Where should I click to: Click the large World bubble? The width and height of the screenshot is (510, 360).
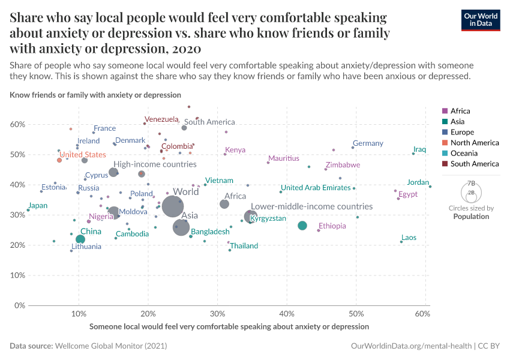click(172, 206)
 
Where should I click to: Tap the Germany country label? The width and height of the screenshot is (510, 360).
click(368, 143)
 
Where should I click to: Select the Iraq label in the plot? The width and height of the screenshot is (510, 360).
click(419, 149)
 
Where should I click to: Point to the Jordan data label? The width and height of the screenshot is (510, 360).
click(418, 182)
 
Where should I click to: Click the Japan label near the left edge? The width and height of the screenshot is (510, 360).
click(37, 206)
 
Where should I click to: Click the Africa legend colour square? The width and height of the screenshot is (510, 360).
click(445, 111)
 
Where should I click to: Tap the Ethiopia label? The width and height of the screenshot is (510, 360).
click(332, 226)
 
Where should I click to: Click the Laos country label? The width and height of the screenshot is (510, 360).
click(409, 238)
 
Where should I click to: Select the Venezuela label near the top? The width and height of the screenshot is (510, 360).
click(162, 119)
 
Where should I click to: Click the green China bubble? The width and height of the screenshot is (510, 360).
click(80, 239)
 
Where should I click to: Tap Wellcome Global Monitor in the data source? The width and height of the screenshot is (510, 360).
click(111, 346)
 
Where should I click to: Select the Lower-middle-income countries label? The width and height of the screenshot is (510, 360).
click(311, 206)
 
